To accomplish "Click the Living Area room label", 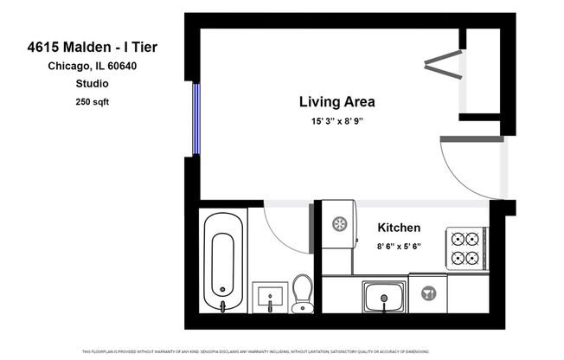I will pyautogui.click(x=337, y=101).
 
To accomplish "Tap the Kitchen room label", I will pyautogui.click(x=399, y=228).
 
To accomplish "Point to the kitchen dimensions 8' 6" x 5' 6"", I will pyautogui.click(x=399, y=247).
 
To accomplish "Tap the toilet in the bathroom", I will pyautogui.click(x=302, y=292).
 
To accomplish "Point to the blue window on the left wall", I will pyautogui.click(x=195, y=118).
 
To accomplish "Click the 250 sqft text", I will pyautogui.click(x=93, y=101).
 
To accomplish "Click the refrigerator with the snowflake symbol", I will pyautogui.click(x=340, y=224).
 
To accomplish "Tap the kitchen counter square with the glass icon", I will pyautogui.click(x=427, y=294).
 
